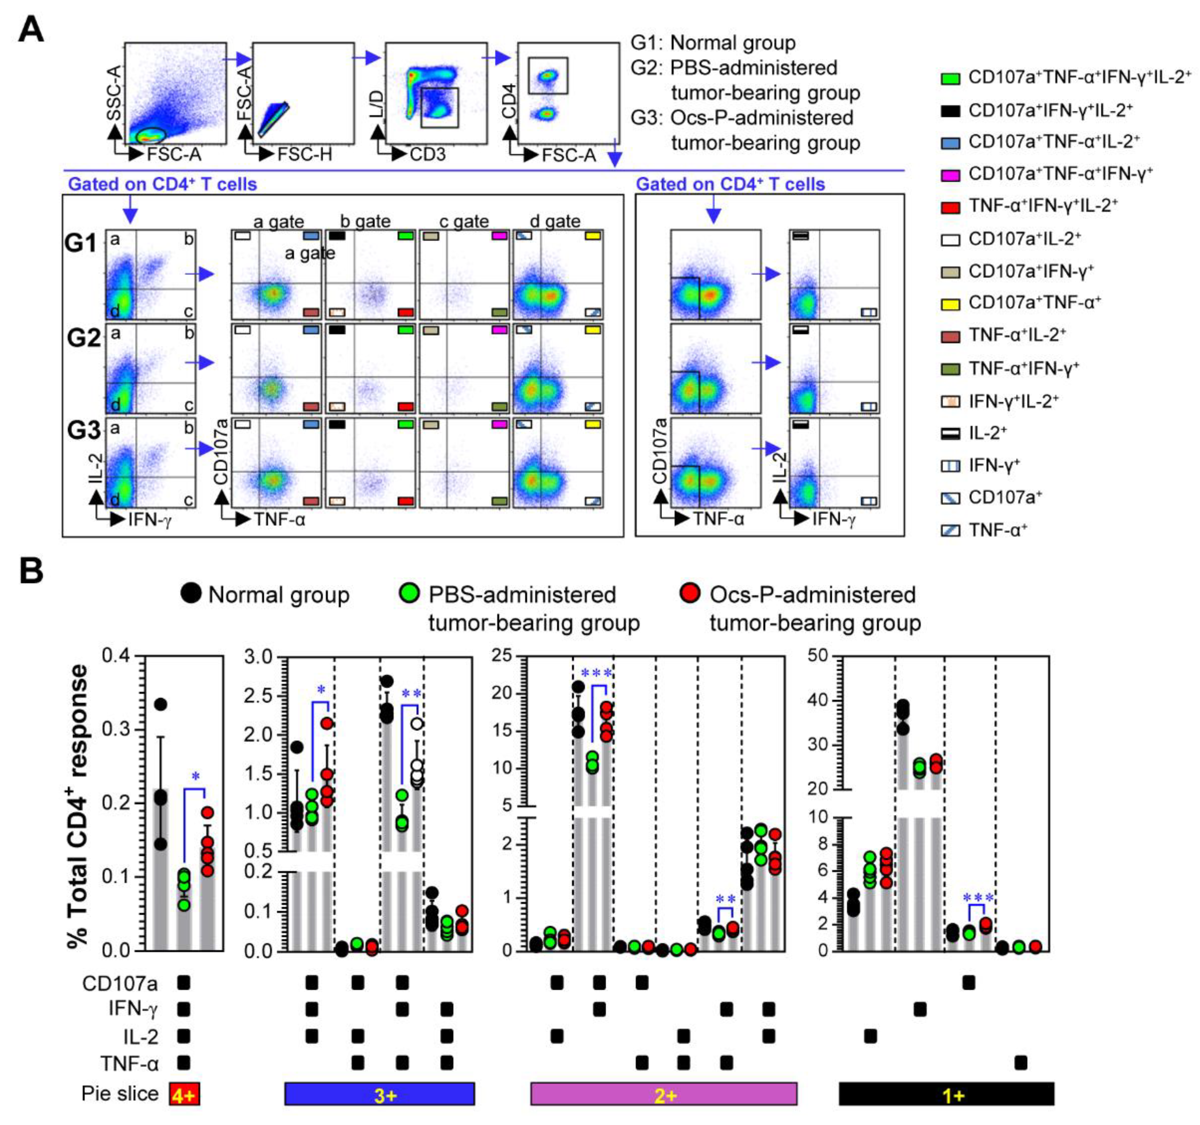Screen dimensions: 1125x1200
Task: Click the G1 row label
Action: point(81,243)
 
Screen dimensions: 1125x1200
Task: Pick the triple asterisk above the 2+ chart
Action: point(596,673)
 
